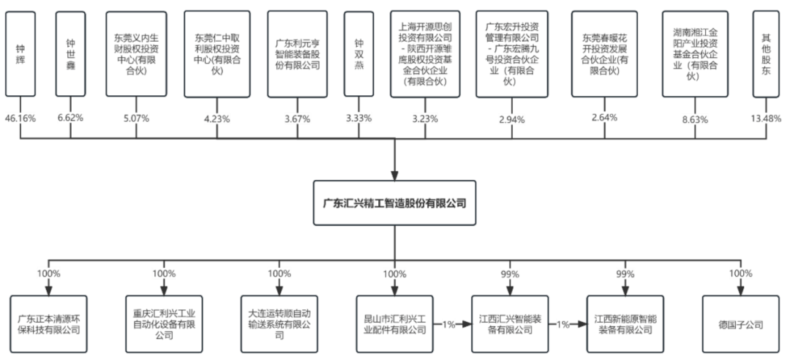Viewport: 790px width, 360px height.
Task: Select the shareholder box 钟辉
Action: (x=20, y=54)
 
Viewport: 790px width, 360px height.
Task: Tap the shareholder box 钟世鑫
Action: (x=70, y=54)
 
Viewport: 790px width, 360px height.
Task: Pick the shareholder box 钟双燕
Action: (x=358, y=54)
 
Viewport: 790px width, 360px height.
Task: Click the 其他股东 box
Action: (x=766, y=54)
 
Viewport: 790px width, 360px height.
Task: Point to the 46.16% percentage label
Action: (x=20, y=117)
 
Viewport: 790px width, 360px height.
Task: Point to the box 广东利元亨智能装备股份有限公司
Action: (x=297, y=54)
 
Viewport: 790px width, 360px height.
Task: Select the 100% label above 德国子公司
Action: (x=741, y=274)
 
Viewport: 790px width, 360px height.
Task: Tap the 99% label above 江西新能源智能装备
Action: (x=625, y=274)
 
